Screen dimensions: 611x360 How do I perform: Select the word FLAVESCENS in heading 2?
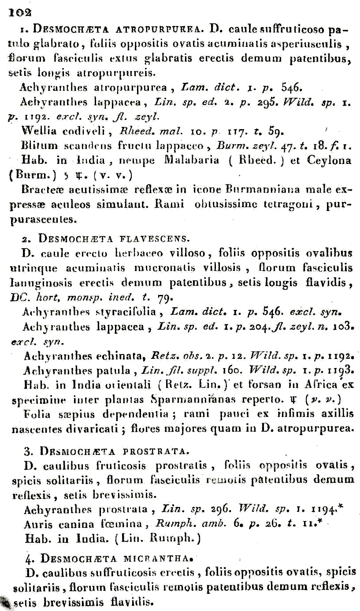[145, 240]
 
